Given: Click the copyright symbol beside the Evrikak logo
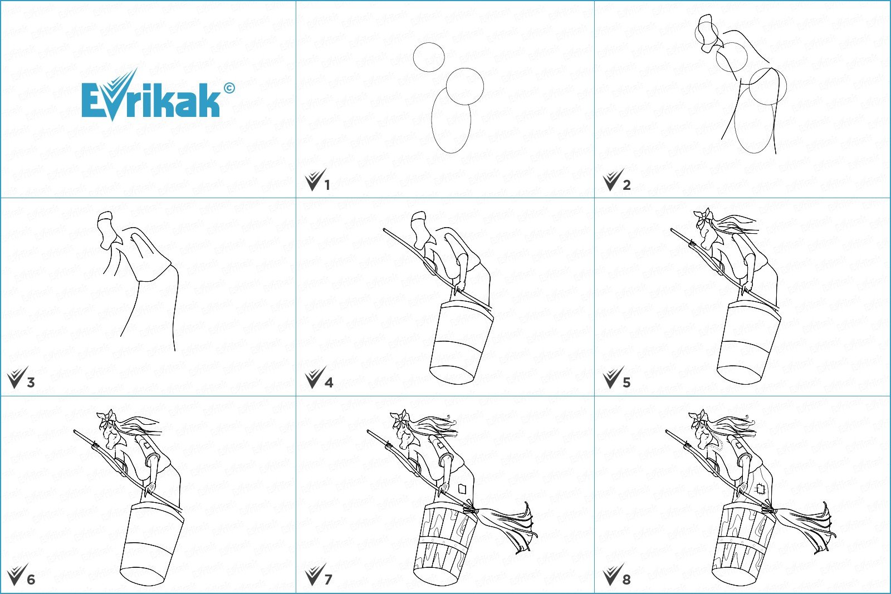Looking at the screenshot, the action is coord(229,88).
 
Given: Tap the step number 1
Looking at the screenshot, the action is coord(327,185).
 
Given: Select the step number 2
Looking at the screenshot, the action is coord(626,185).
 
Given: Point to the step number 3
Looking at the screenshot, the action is coord(31,383).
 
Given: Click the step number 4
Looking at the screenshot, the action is coord(329,383).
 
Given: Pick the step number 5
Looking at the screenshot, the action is coord(626,383).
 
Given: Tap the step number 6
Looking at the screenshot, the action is coord(31,580).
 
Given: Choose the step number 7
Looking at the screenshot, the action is coord(328,580).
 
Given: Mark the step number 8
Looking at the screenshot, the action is coord(626,580).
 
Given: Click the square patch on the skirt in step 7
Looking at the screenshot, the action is coord(462,488).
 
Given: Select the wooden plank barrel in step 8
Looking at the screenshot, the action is coord(743,544).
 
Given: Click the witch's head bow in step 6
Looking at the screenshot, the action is coord(106,416).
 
